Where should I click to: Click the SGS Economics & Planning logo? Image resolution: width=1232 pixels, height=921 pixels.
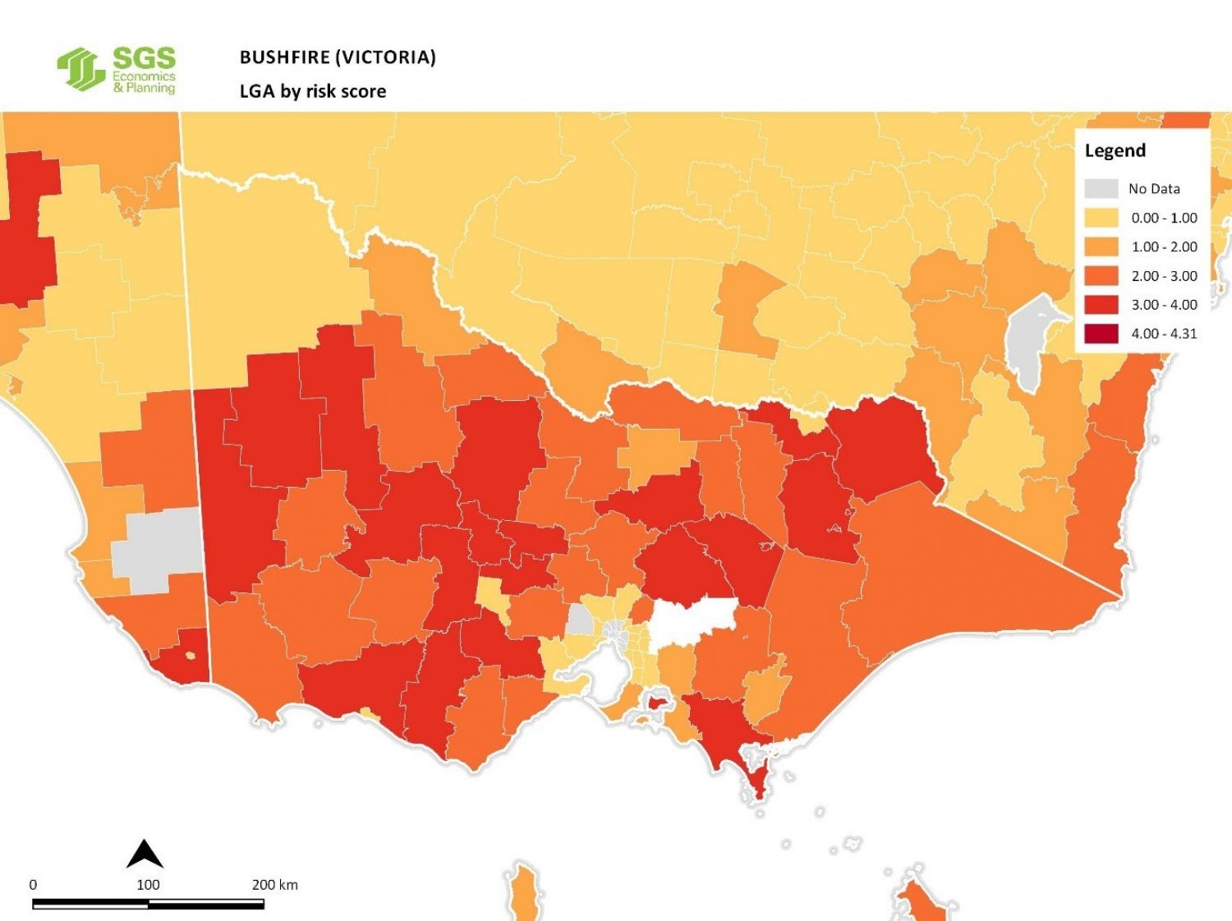117,70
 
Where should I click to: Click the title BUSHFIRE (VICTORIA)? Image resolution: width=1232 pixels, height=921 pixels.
337,57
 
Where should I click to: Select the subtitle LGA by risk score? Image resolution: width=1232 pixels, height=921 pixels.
312,91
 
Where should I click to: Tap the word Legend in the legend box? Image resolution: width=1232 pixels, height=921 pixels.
1115,150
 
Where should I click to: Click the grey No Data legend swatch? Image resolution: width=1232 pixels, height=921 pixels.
1101,188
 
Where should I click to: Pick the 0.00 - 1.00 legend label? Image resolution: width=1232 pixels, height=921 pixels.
1164,218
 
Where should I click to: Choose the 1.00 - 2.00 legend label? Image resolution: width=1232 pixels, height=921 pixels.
1164,246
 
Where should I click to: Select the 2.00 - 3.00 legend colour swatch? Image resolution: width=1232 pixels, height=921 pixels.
1101,276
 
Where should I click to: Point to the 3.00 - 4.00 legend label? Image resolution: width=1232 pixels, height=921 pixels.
1164,305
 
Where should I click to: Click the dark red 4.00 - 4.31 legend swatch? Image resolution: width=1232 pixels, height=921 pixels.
1101,334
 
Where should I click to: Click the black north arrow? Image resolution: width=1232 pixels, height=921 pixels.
145,854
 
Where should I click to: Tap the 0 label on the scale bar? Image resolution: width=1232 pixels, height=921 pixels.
33,885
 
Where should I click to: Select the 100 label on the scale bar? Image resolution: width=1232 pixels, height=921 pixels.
148,885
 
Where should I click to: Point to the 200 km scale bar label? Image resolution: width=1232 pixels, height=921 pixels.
274,885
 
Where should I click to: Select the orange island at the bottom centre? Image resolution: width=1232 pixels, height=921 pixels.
522,891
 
